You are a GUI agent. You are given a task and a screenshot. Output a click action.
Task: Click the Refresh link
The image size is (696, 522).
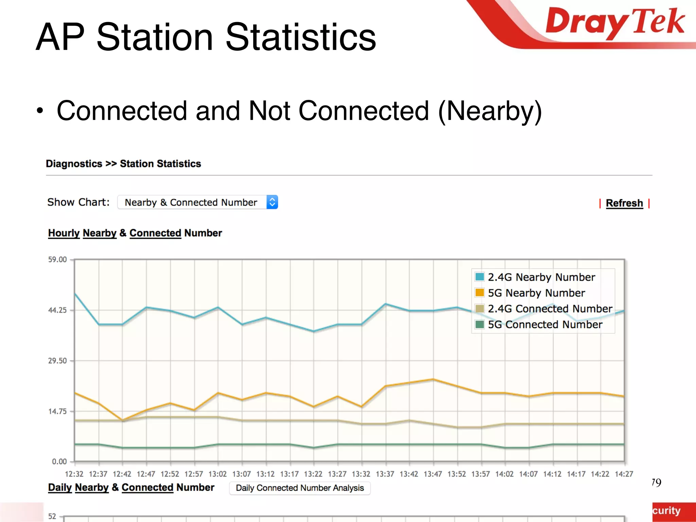click(x=624, y=203)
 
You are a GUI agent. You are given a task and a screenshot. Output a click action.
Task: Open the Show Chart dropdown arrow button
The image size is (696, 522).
click(x=272, y=202)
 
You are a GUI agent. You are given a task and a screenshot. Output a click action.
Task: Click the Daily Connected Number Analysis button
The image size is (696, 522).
click(x=300, y=488)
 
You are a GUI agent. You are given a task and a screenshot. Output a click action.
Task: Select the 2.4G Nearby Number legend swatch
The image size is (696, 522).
click(x=480, y=277)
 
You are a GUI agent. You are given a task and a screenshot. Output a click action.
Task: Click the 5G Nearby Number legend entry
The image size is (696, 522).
click(x=536, y=293)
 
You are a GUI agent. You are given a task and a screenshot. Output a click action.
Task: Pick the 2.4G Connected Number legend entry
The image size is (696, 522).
click(x=550, y=309)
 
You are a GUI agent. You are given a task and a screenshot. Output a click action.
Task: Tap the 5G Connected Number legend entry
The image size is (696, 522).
click(x=545, y=325)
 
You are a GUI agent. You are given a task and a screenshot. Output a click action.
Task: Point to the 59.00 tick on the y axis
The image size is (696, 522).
click(x=57, y=260)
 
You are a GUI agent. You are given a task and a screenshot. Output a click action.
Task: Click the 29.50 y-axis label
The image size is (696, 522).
click(x=57, y=361)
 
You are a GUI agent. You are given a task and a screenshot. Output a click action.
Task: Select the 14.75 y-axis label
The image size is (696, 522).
click(x=57, y=411)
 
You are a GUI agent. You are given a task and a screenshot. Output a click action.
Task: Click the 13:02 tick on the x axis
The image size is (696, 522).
click(x=217, y=474)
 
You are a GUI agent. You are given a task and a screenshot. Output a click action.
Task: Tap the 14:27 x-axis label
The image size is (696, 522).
click(x=624, y=474)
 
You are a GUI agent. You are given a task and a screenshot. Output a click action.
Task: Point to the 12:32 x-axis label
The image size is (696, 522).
click(x=74, y=474)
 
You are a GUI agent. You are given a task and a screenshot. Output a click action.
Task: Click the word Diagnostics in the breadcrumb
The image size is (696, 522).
click(x=74, y=164)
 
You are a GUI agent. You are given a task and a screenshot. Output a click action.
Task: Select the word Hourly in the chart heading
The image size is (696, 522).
click(x=64, y=233)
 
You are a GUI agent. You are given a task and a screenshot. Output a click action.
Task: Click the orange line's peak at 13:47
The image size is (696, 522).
click(x=433, y=379)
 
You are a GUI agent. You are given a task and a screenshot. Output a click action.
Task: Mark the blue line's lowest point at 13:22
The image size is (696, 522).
click(x=314, y=331)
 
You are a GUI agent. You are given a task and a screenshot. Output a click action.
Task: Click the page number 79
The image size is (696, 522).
click(x=656, y=483)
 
